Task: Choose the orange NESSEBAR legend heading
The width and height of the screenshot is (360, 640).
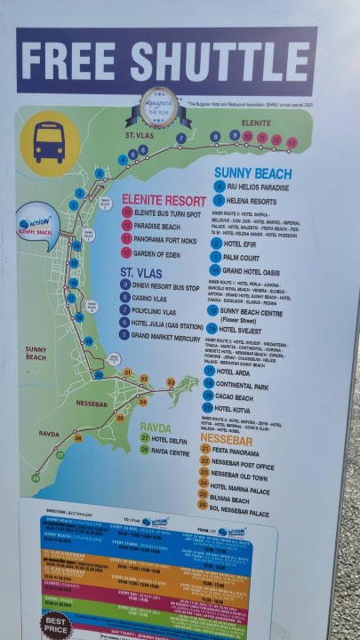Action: coord(226,439)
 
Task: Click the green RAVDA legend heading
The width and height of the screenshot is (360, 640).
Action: coord(156,427)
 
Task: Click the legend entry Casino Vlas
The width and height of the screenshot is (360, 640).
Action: coord(156,298)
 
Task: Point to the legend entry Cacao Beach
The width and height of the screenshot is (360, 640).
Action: coord(244,396)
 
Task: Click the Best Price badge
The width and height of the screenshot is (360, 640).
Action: coord(54,622)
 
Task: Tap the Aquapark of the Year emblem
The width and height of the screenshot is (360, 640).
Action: coord(160,107)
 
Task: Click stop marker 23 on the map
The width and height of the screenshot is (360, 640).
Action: coord(170,382)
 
